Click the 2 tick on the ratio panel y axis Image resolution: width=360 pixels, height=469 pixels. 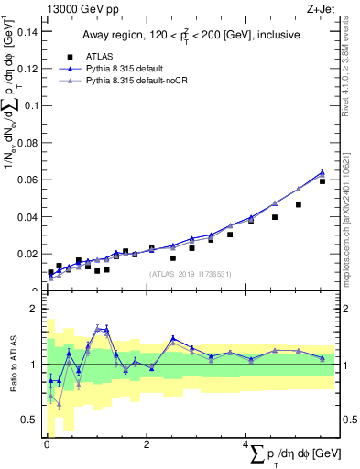pos(34,310)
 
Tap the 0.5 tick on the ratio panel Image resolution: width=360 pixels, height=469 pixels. pos(30,420)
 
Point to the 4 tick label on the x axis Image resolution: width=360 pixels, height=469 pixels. pos(245,444)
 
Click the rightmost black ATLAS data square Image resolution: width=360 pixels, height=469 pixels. pos(322,181)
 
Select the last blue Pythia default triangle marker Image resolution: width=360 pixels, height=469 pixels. pos(322,171)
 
